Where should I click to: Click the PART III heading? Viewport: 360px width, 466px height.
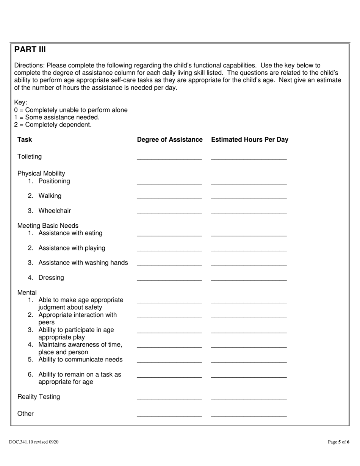30,50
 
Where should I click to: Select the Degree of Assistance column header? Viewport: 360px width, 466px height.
169,139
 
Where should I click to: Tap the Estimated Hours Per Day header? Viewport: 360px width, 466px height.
249,139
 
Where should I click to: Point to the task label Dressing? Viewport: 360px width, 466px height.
51,278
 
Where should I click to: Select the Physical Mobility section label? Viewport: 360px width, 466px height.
41,174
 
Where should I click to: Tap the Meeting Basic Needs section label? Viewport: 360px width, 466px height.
48,226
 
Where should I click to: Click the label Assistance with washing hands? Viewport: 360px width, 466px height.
83,263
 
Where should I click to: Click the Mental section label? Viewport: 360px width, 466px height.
27,292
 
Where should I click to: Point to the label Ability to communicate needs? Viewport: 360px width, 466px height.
80,359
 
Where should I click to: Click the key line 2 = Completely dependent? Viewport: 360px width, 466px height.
53,125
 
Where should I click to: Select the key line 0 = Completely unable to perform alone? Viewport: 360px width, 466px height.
71,110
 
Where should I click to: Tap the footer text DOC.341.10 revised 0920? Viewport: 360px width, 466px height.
34,442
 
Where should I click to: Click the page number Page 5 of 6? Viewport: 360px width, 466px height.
338,442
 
